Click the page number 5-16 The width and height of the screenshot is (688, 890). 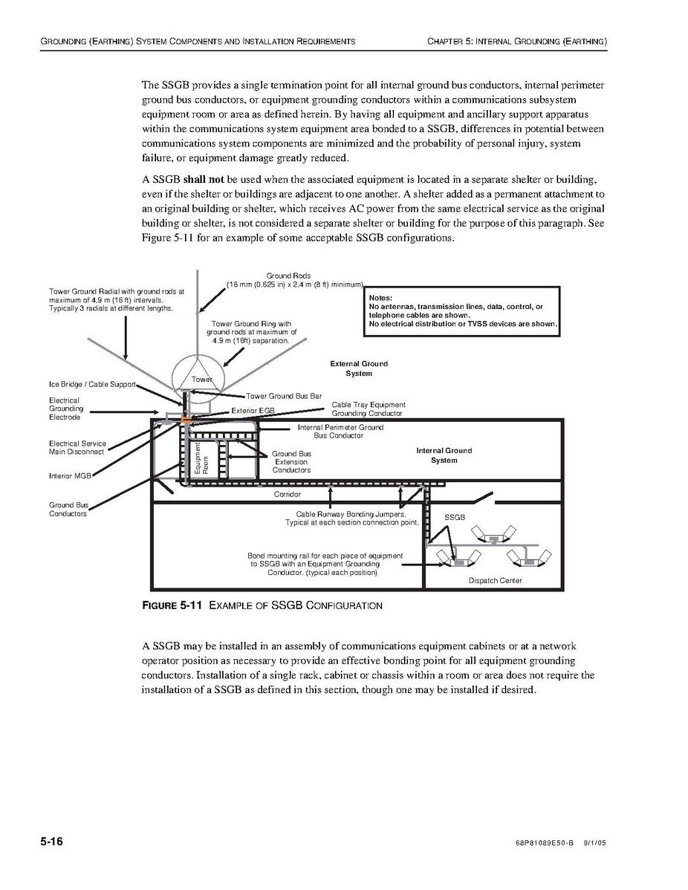tap(52, 842)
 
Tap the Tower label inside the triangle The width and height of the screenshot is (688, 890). tap(202, 380)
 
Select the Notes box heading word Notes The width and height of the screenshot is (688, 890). tap(380, 298)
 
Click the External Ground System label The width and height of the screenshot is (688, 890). tap(359, 368)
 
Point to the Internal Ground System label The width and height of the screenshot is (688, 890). tap(444, 455)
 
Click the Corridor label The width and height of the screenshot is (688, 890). tap(288, 494)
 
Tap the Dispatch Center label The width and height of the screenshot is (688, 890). tap(495, 580)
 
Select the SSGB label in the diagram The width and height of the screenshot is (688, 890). tap(454, 516)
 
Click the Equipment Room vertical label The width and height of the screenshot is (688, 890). tap(201, 459)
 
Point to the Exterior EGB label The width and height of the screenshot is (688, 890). tap(253, 410)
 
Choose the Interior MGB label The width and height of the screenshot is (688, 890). tap(70, 476)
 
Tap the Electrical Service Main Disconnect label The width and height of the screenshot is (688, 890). tap(77, 447)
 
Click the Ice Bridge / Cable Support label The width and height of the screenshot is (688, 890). tap(92, 384)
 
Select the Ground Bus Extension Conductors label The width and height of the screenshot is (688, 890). tap(291, 461)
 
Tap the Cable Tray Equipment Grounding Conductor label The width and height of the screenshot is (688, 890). tap(368, 409)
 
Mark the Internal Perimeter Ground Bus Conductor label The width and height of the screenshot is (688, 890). tap(340, 431)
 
